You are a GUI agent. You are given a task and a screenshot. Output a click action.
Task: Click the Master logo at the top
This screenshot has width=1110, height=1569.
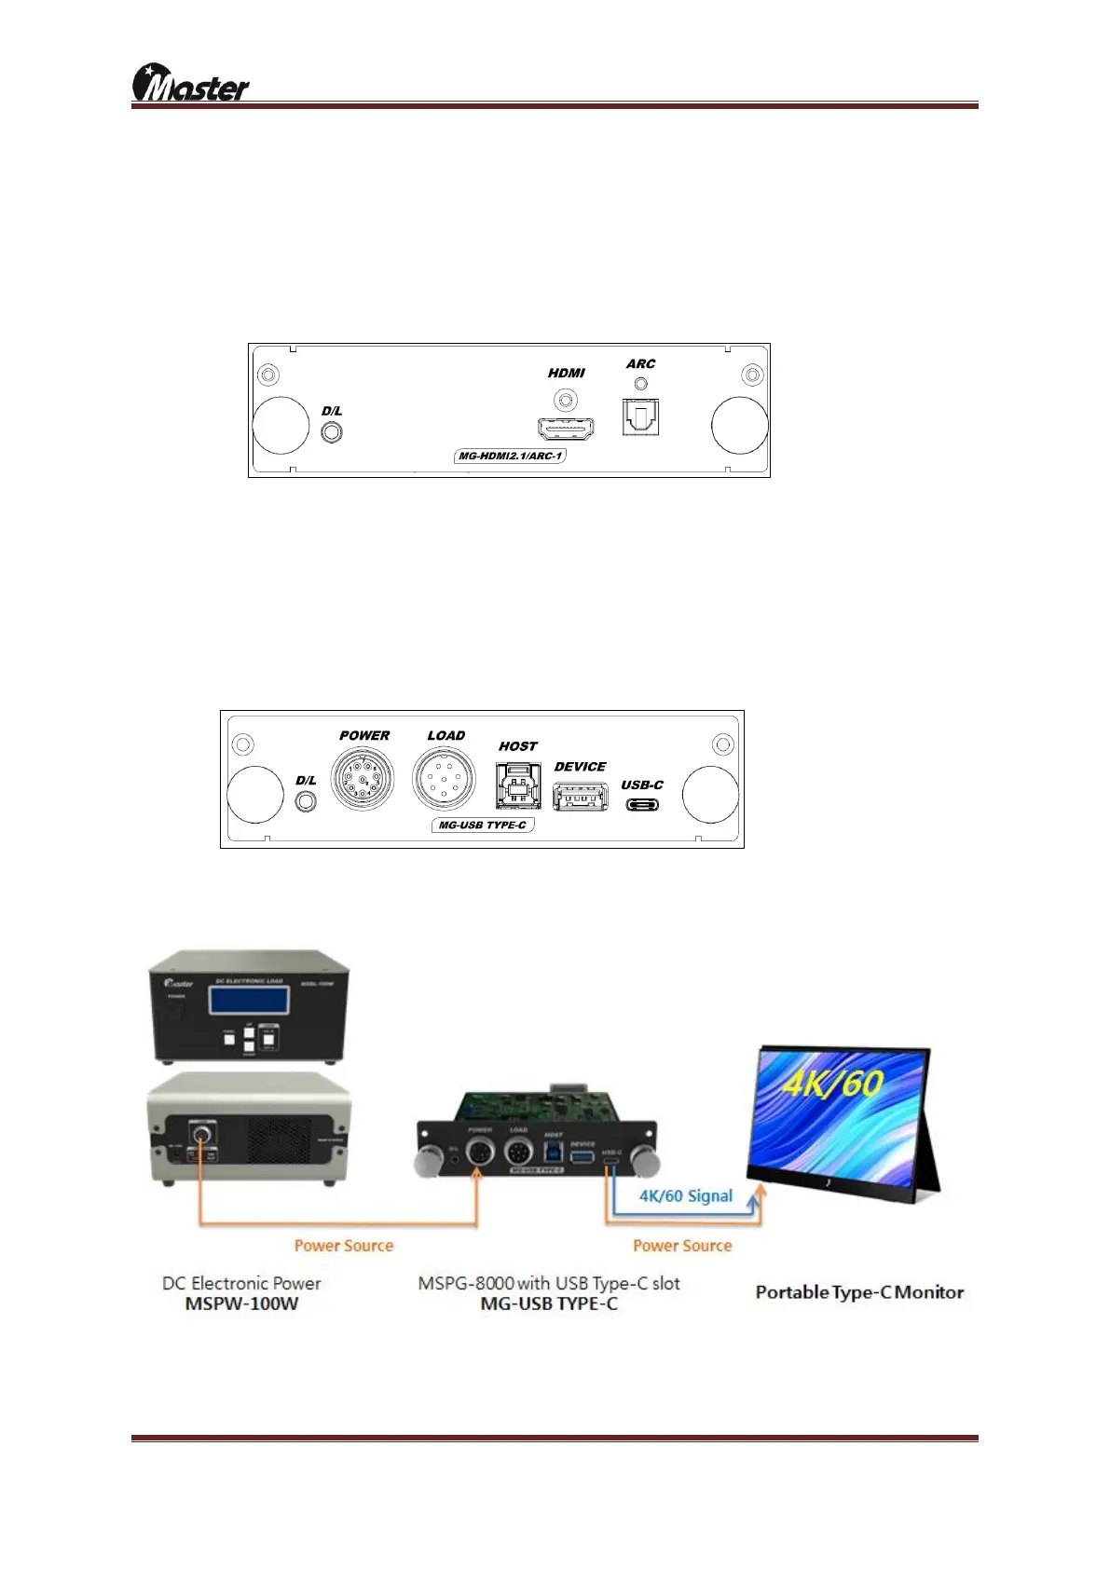click(x=191, y=84)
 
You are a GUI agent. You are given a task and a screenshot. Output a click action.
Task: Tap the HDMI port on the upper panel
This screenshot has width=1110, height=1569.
click(x=566, y=428)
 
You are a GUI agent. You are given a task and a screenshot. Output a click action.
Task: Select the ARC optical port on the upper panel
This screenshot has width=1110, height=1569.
click(x=640, y=416)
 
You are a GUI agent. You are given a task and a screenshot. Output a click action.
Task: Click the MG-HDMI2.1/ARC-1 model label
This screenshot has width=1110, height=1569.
click(x=511, y=457)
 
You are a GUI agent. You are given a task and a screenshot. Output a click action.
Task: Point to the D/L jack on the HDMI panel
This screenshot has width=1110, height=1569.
click(x=331, y=432)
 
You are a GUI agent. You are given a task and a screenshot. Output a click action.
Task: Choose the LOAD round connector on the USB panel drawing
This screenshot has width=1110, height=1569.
click(x=443, y=778)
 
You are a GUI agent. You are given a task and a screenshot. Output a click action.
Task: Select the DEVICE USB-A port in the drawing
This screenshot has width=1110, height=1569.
click(x=580, y=797)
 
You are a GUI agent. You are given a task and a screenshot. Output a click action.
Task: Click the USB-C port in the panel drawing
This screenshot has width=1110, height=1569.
click(x=642, y=804)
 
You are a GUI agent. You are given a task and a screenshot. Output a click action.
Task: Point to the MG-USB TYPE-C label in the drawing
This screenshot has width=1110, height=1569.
click(x=483, y=825)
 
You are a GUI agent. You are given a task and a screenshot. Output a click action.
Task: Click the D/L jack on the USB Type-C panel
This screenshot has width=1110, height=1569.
click(x=305, y=800)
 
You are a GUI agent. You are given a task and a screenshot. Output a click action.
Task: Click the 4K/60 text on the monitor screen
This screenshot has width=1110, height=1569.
click(x=832, y=1085)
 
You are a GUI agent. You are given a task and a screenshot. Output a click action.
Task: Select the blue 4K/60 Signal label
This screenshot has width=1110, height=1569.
click(x=685, y=1195)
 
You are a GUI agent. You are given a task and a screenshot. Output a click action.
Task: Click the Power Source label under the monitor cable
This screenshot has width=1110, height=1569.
click(x=682, y=1246)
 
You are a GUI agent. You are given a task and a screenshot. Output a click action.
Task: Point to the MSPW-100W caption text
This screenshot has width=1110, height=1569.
click(x=241, y=1303)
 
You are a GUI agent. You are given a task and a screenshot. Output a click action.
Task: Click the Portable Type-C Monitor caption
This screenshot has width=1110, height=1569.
click(x=859, y=1292)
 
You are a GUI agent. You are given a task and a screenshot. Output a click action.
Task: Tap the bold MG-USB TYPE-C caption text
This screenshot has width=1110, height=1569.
click(x=549, y=1303)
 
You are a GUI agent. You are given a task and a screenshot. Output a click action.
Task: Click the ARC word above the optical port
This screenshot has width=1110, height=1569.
click(x=640, y=364)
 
